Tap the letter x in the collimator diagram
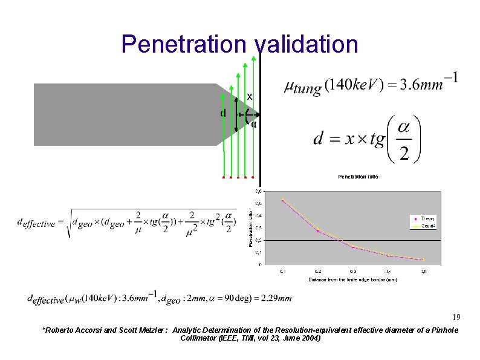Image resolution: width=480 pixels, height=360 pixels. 249,97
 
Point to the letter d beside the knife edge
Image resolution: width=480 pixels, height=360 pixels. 223,113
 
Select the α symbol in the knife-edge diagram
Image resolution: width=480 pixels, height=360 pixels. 254,125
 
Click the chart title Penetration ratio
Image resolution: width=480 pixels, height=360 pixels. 358,177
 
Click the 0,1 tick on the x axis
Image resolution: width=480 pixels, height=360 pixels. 282,271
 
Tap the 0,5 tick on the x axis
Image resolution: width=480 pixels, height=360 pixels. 424,271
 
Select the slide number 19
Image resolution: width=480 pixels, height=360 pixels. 456,318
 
